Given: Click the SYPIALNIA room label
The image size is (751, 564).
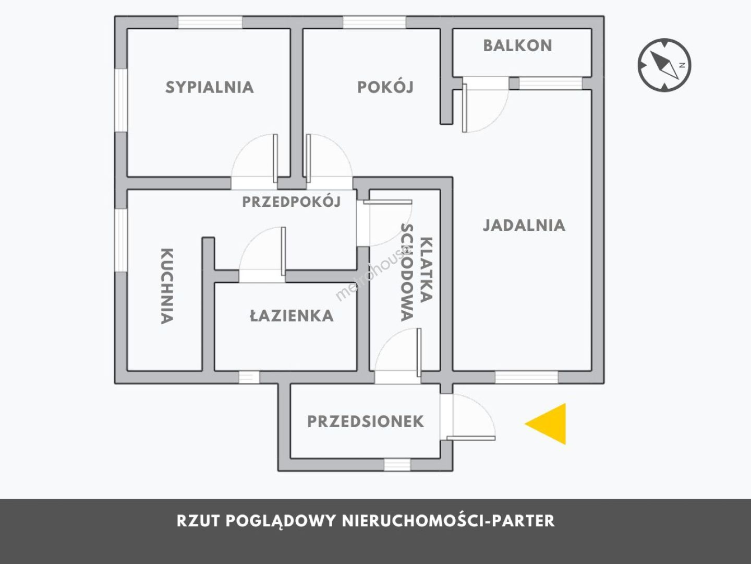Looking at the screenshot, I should point(210,87).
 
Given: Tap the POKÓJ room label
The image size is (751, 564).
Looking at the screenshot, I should point(385,87).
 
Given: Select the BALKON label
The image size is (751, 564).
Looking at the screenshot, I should point(517,46).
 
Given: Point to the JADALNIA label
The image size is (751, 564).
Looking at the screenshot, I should point(524,225).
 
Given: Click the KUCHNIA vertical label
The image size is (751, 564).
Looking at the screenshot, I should point(166,286).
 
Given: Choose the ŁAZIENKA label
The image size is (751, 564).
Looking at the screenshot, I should point(292,316).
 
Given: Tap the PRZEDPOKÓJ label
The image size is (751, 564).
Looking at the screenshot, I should point(291,202).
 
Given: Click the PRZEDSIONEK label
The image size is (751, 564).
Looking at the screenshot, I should point(365,421).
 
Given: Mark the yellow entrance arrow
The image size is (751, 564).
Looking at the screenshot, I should point(549,424).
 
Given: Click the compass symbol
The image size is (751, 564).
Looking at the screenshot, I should point(664,65).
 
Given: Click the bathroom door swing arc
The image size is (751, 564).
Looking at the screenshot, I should point(261,253).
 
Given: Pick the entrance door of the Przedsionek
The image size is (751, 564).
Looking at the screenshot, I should point(469,418).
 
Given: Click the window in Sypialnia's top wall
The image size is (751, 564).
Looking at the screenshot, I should point(210,22).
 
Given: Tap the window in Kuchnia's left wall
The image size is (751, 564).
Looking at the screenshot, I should point(121,240).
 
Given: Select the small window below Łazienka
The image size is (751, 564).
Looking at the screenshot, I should point(249,377).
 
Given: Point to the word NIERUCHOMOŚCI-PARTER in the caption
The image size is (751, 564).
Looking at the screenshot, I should point(449,521).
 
